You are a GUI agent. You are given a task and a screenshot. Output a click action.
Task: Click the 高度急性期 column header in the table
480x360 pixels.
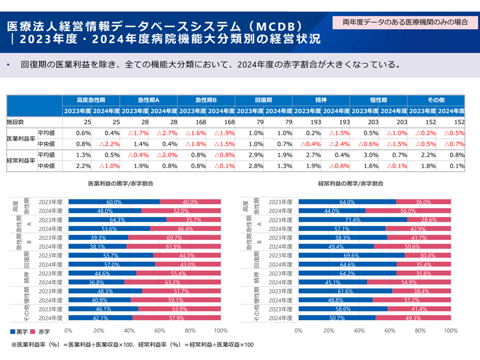click(91, 100)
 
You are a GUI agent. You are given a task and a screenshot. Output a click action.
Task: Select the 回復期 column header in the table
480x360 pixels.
click(263, 100)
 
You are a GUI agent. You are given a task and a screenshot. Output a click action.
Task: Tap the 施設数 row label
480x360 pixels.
click(15, 122)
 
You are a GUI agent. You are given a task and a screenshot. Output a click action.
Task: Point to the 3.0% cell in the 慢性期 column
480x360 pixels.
click(363, 155)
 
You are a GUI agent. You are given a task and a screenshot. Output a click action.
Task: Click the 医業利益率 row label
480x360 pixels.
click(20, 138)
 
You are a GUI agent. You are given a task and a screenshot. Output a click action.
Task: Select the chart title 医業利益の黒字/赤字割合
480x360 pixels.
click(120, 183)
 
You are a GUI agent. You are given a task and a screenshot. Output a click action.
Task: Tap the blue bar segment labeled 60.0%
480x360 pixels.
click(114, 202)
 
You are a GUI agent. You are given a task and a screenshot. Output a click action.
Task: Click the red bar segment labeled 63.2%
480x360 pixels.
click(172, 282)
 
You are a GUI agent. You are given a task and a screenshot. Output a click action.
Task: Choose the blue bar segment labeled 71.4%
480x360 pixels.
click(352, 219)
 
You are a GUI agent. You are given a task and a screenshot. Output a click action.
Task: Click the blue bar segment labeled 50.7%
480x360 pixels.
click(337, 317)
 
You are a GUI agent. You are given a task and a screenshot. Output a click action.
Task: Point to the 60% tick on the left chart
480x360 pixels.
click(159, 330)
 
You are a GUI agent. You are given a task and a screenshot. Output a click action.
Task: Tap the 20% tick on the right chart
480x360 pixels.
click(329, 330)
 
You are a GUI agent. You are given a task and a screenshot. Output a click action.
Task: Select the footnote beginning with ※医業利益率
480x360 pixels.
click(132, 344)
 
